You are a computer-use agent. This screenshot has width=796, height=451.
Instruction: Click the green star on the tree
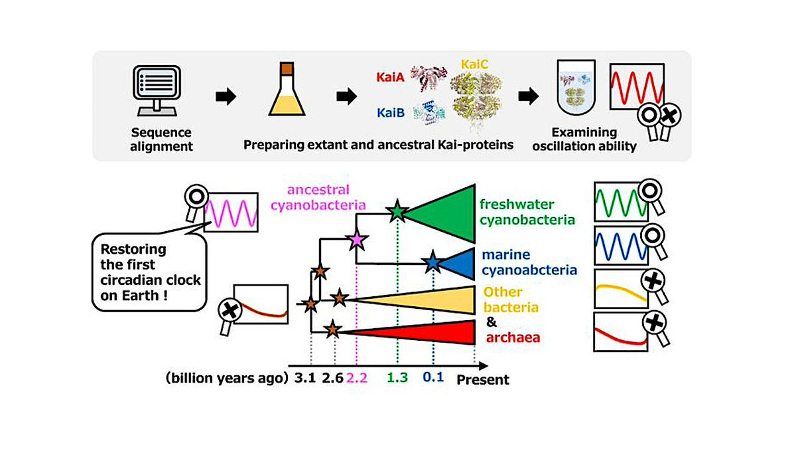coord(397,212)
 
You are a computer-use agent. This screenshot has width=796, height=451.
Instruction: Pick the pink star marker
coord(357,240)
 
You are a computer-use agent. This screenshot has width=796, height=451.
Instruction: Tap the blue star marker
coord(432,263)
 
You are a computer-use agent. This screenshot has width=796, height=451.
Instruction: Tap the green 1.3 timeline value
coord(397,380)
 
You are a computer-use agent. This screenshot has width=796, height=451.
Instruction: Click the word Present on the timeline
coord(483,381)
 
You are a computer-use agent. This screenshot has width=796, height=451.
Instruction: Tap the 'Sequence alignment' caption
coord(161,139)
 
